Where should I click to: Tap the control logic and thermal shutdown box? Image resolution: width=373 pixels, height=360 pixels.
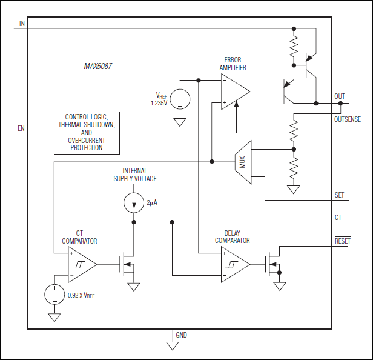point(87,132)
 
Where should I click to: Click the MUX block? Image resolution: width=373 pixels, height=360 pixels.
point(243,162)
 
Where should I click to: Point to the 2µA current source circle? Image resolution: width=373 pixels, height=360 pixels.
point(134,203)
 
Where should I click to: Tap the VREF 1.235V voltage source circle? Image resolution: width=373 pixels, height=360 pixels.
point(180,98)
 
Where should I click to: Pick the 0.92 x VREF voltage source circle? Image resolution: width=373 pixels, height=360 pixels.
point(54,295)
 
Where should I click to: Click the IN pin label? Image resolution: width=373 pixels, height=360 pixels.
point(22,24)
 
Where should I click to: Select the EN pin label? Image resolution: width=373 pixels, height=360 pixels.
point(21,128)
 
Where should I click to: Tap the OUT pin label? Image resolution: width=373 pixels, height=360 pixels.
point(340,96)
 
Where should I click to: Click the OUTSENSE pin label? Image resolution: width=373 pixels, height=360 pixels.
point(347,119)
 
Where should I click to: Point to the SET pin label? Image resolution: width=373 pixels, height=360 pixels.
point(340,195)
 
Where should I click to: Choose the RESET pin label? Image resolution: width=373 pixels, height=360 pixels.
point(343,241)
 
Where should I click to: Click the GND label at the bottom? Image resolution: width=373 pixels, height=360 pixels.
point(182,335)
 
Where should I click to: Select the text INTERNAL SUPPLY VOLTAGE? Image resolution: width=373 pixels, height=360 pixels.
point(134,175)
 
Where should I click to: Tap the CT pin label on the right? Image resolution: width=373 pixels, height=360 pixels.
point(338,216)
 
